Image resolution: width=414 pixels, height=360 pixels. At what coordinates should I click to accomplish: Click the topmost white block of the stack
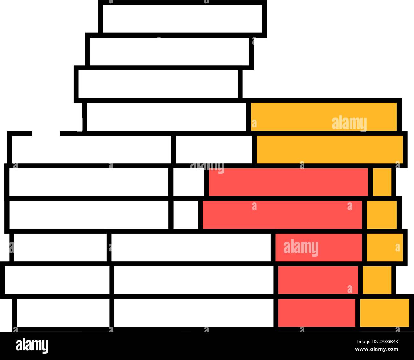[x=182, y=18]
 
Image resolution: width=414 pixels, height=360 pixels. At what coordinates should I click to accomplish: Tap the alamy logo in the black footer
[x=32, y=345]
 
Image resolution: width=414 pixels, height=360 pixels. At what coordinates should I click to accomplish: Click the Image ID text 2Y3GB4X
[x=377, y=342]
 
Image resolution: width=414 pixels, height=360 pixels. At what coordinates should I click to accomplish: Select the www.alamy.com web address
[x=376, y=349]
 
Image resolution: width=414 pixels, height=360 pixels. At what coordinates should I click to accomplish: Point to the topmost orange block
[x=324, y=117]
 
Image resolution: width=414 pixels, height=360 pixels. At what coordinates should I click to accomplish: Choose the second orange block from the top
[x=330, y=149]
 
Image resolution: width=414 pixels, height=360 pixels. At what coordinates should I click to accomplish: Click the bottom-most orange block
[x=385, y=313]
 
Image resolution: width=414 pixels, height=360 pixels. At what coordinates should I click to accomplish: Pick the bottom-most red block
[x=317, y=313]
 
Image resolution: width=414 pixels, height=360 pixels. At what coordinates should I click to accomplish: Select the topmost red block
[x=288, y=182]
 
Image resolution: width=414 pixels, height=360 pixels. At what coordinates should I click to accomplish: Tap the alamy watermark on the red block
[x=301, y=247]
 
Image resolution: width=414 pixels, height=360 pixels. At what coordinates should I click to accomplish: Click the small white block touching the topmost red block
[x=189, y=182]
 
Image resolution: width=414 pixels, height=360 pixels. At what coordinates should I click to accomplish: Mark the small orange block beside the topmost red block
[x=382, y=182]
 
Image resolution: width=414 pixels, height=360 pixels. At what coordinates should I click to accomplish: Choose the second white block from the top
[x=169, y=51]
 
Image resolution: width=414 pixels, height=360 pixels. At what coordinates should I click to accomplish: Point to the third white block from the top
[x=158, y=84]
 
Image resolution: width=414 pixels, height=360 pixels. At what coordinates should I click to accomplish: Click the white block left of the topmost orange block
[x=166, y=117]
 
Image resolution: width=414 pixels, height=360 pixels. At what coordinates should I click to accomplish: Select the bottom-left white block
[x=63, y=313]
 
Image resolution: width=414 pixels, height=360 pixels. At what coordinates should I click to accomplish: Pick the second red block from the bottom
[x=318, y=280]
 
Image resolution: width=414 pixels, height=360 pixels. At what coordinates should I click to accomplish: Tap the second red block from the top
[x=282, y=215]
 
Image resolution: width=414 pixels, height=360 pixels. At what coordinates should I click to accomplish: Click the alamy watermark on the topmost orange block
[x=349, y=123]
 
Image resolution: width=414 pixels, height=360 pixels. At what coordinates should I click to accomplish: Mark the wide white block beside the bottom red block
[x=194, y=313]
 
